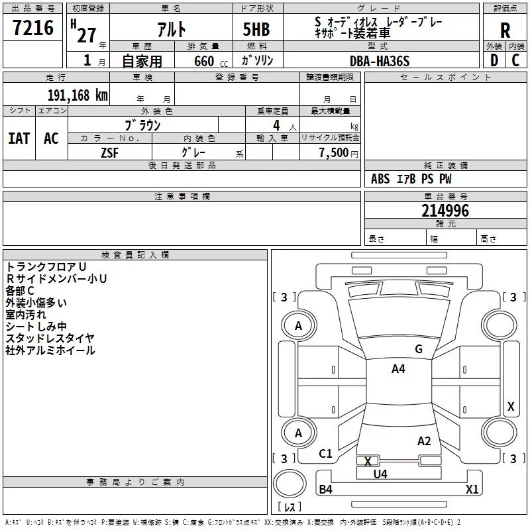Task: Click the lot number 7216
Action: tap(33, 28)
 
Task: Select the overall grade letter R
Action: tap(505, 30)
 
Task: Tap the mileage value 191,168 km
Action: tap(78, 95)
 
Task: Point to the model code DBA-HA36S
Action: tap(380, 61)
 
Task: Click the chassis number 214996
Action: tap(445, 211)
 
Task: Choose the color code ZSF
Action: tap(110, 153)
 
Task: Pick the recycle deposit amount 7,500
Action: tap(334, 152)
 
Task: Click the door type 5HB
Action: tap(256, 29)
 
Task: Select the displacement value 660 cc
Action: tap(211, 61)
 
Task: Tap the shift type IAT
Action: tap(19, 138)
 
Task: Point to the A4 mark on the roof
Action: tap(398, 369)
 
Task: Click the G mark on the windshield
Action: tap(419, 349)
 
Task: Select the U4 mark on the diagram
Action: tap(380, 474)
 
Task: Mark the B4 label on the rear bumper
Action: tap(325, 489)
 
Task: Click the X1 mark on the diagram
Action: tap(472, 489)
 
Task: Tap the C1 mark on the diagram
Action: tap(325, 453)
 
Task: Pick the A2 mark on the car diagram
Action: tap(424, 441)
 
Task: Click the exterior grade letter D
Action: tap(494, 60)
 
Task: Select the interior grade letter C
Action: tap(515, 60)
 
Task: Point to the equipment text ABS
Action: tap(380, 179)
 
